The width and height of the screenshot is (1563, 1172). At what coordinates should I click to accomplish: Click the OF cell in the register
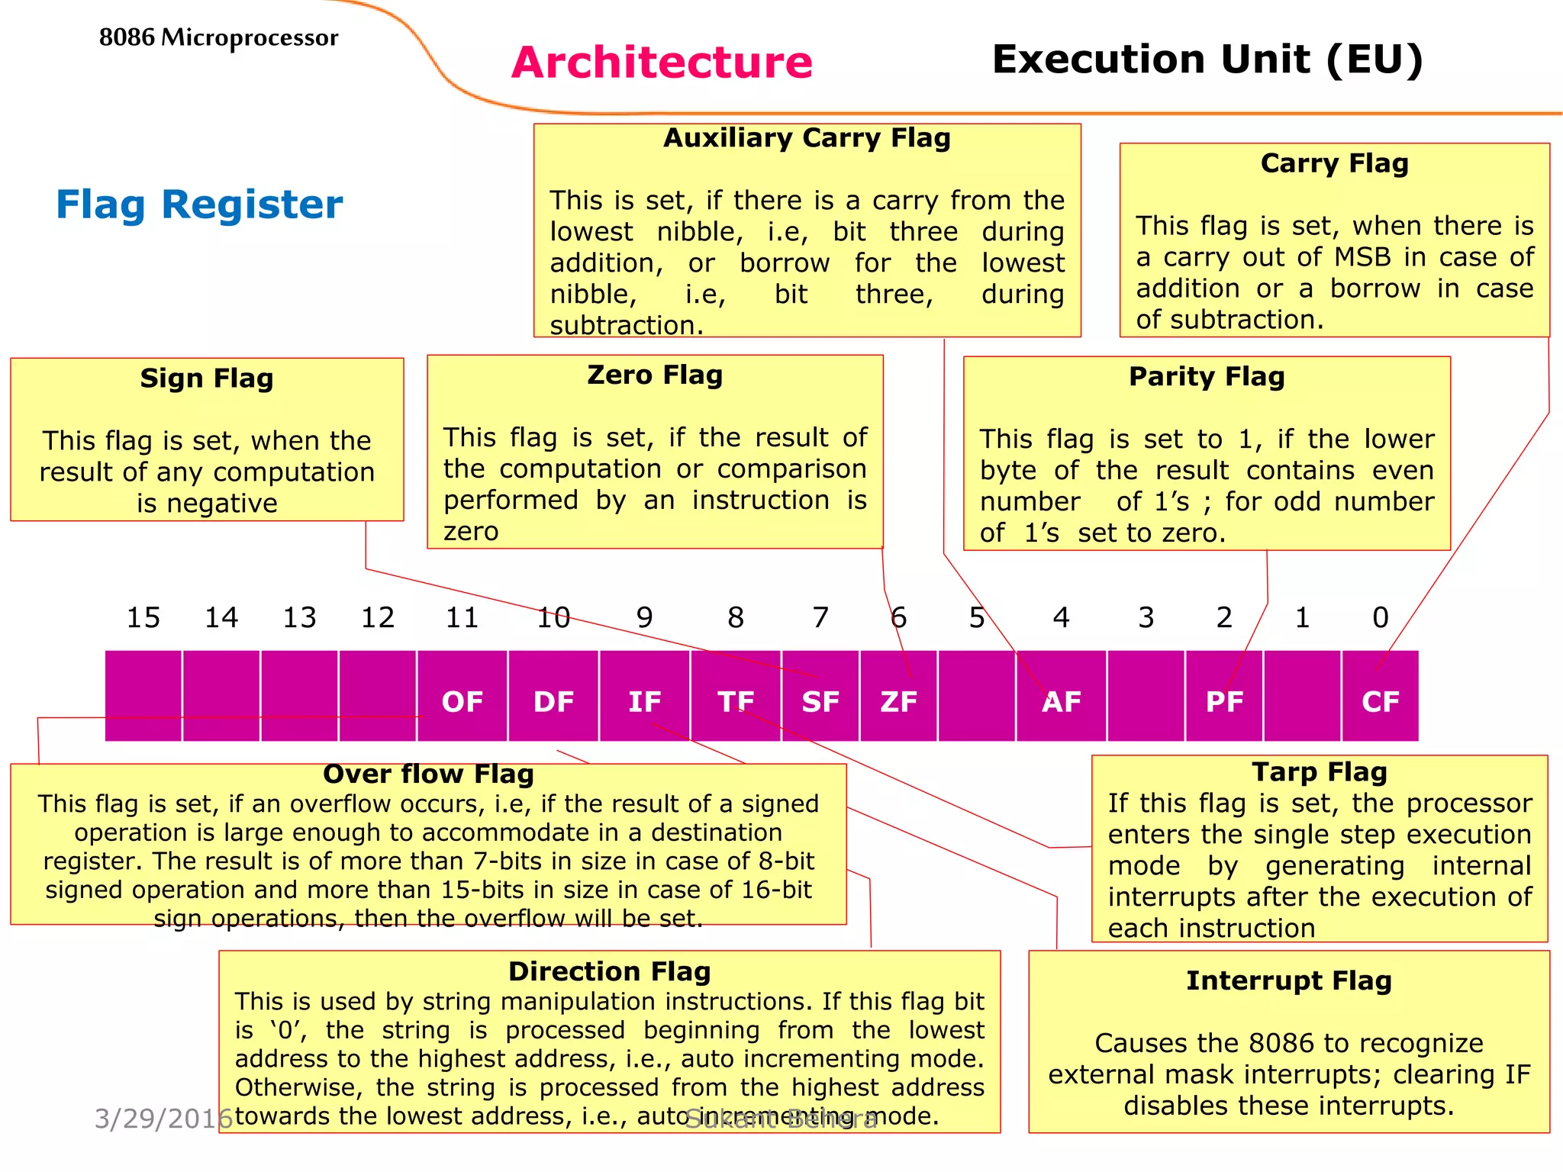coord(462,700)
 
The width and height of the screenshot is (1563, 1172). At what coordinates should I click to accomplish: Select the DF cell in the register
coord(553,700)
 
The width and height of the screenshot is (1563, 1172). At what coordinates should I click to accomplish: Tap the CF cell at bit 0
coord(1380,700)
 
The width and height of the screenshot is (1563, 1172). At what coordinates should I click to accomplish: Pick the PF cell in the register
coord(1224,700)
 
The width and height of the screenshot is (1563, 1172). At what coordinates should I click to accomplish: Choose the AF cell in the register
coord(1061,700)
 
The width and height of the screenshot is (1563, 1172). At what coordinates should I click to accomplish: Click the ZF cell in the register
coord(898,700)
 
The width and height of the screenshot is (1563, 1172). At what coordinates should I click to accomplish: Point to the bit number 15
coord(143,617)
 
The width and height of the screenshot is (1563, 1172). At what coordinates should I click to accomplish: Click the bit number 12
coord(378,617)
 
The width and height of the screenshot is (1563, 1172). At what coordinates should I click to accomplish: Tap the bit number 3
coord(1146,617)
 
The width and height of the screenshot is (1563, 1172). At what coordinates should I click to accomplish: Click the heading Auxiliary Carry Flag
coord(807,138)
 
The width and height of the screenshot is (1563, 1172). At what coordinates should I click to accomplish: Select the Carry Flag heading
coord(1334,163)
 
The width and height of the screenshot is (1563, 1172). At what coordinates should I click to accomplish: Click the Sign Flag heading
coord(207,378)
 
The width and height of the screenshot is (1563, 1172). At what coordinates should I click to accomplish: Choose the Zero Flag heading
coord(655,375)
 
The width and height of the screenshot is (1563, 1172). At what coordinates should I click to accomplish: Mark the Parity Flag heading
coord(1207,377)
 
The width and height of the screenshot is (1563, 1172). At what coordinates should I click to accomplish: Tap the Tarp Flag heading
coord(1320,772)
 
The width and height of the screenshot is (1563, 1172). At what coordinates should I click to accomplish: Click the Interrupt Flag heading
coord(1289,980)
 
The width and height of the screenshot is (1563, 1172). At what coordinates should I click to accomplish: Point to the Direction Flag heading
coord(609,971)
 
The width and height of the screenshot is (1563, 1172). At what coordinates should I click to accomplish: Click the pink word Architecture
coord(662,62)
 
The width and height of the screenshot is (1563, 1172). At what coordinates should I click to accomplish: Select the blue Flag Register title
coord(199,204)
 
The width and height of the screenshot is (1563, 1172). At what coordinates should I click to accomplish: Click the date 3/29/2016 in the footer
coord(163,1119)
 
